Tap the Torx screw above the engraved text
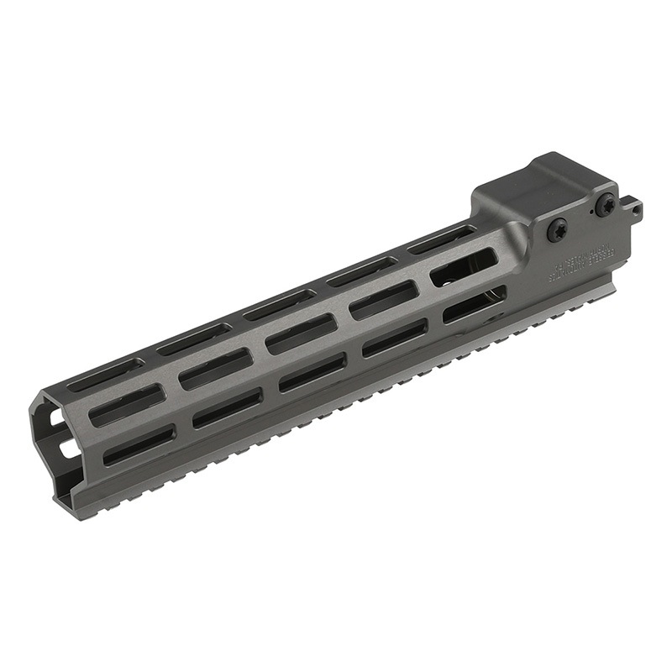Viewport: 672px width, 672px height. tap(558, 230)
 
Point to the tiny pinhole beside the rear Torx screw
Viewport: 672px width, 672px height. tap(591, 213)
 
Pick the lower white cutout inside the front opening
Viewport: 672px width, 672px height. tap(65, 449)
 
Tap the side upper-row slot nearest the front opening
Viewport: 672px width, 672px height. tap(127, 404)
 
